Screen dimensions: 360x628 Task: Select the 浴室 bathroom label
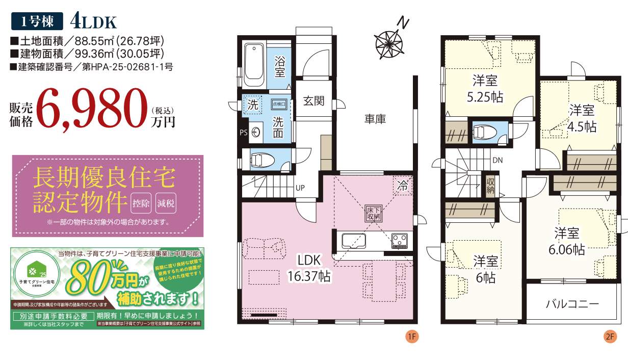pyautogui.click(x=280, y=66)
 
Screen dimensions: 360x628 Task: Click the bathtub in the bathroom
pyautogui.click(x=253, y=65)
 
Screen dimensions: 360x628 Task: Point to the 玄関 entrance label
pyautogui.click(x=314, y=100)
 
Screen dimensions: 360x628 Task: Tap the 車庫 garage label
pyautogui.click(x=375, y=119)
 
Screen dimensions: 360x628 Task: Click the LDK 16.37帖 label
pyautogui.click(x=307, y=268)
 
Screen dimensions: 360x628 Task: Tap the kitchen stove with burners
pyautogui.click(x=399, y=240)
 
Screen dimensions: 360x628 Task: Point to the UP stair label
pyautogui.click(x=301, y=187)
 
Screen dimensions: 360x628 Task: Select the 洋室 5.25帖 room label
pyautogui.click(x=485, y=88)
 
